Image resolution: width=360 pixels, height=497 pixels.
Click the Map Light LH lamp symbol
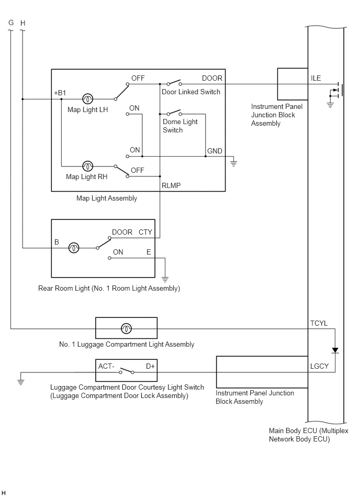point(88,99)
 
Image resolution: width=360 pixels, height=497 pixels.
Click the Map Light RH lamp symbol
point(88,166)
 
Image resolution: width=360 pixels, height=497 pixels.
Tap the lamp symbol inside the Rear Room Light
point(74,248)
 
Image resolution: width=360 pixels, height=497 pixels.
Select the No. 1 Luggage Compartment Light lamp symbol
point(126,329)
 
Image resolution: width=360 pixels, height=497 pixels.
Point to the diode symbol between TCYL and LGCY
point(335,350)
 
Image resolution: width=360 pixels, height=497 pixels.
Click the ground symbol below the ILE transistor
point(330,105)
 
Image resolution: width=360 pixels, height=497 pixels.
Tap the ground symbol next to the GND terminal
point(234,163)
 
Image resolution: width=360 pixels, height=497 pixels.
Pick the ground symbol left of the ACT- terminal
point(20,381)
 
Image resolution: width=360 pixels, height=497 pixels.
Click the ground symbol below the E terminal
point(165,279)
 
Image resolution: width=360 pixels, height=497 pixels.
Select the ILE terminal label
point(316,78)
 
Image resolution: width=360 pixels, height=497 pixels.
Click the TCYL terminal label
point(319,323)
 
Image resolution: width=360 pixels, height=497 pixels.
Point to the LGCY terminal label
point(320,366)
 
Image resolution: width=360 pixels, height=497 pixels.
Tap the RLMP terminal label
point(171,186)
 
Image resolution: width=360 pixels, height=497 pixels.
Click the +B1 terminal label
point(60,93)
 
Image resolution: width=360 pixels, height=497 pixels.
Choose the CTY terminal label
point(145,232)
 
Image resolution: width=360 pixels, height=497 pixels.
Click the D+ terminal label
point(150,367)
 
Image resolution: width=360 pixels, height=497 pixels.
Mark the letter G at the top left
point(11,23)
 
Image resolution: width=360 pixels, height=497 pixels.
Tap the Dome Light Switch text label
point(180,126)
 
